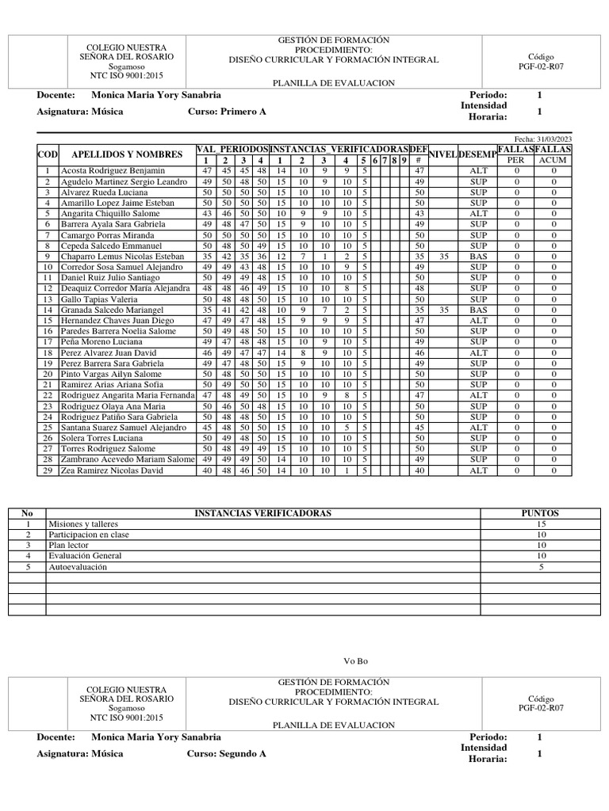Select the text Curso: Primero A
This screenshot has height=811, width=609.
pos(227,112)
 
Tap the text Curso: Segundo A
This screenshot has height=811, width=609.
pos(227,753)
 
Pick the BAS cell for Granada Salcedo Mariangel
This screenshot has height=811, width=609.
pos(478,310)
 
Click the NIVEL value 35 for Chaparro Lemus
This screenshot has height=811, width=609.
pos(444,257)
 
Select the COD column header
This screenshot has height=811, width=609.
pos(48,154)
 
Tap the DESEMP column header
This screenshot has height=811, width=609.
pos(478,154)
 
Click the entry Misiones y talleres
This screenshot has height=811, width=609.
pos(81,524)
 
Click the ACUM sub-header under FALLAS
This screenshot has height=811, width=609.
pos(554,161)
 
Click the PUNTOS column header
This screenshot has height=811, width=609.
pos(539,513)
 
